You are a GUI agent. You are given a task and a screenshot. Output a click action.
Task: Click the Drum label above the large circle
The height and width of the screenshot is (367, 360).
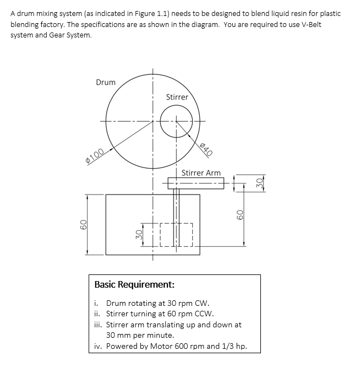pos(106,82)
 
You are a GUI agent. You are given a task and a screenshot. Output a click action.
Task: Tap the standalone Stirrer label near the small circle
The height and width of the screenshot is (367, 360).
pos(177,97)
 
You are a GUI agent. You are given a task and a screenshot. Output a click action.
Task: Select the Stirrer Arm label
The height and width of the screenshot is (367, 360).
pos(201,173)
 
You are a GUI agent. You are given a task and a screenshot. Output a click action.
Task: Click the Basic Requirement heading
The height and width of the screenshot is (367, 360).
pos(135,285)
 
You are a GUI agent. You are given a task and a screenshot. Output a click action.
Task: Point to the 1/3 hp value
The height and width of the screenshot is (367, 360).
pos(236,347)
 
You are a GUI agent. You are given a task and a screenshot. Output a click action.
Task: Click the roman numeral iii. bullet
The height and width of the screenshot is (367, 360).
pos(97,325)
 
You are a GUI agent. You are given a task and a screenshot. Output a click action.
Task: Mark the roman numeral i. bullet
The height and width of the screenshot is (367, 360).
pos(96,303)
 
